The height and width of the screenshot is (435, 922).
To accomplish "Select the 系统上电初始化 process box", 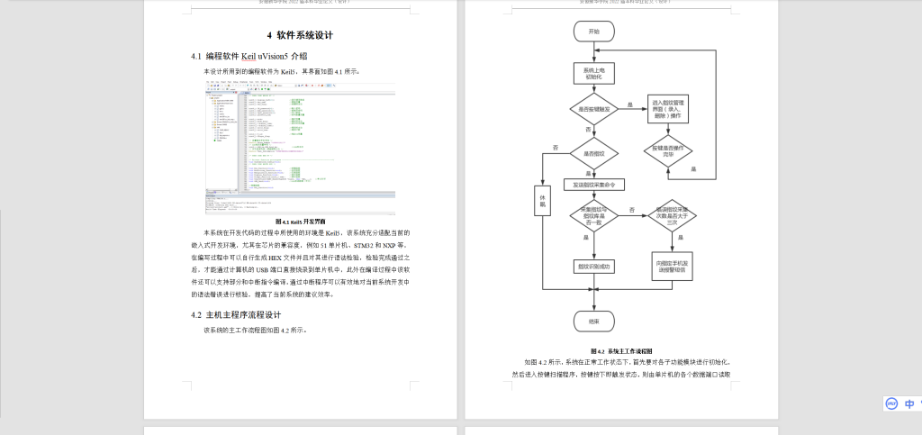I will pos(593,73).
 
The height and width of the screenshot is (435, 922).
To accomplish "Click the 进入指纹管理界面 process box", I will pos(668,109).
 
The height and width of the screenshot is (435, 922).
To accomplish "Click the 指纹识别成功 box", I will pos(593,266).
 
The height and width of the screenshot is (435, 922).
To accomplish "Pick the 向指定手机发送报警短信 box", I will pos(671,266).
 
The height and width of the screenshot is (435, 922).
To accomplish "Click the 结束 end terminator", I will pos(593,321).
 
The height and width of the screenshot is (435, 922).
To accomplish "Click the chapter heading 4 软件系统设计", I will pos(301,36).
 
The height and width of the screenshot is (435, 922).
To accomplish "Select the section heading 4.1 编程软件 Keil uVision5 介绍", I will pos(249,56).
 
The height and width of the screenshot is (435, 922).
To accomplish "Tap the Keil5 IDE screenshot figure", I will pos(301,147).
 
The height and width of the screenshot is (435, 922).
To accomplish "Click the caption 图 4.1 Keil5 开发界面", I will pos(301,221).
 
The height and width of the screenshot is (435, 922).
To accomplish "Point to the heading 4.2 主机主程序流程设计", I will pos(237,314).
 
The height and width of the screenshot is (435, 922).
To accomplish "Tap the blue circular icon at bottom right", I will pos(891,403).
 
